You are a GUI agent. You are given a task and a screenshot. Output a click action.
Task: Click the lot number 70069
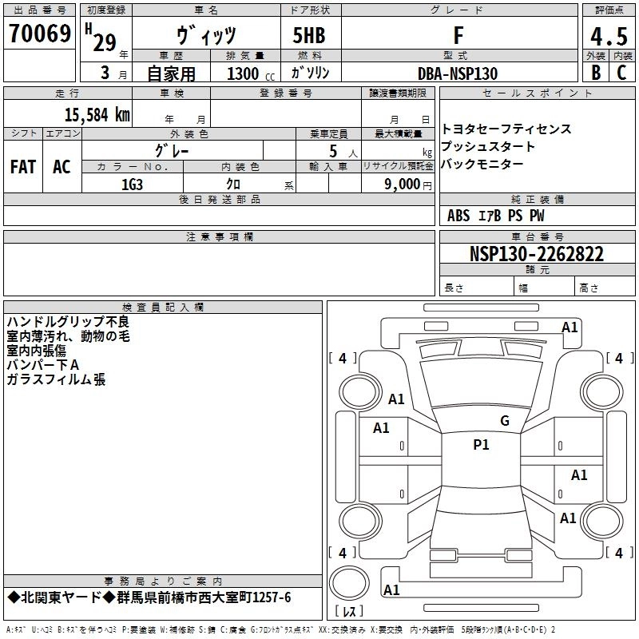tap(39, 35)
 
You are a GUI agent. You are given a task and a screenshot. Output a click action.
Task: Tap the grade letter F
tap(458, 35)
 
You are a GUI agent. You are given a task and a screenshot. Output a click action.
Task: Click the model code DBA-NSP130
tap(458, 73)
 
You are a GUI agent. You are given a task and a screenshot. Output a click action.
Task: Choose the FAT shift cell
tap(23, 167)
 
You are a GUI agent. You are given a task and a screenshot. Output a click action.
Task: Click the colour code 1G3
tap(132, 183)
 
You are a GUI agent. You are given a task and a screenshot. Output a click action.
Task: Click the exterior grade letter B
tap(595, 73)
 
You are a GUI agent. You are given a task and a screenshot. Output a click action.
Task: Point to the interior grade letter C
tap(621, 73)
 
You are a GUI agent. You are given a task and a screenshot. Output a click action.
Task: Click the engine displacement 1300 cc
tap(248, 74)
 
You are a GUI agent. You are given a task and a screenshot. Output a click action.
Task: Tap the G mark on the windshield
tap(504, 421)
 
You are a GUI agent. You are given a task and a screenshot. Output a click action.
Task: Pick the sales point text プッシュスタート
tap(488, 147)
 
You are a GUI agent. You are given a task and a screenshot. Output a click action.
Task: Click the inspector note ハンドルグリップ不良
tap(67, 322)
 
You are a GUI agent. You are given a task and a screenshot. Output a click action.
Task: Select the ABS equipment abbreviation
tap(458, 216)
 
